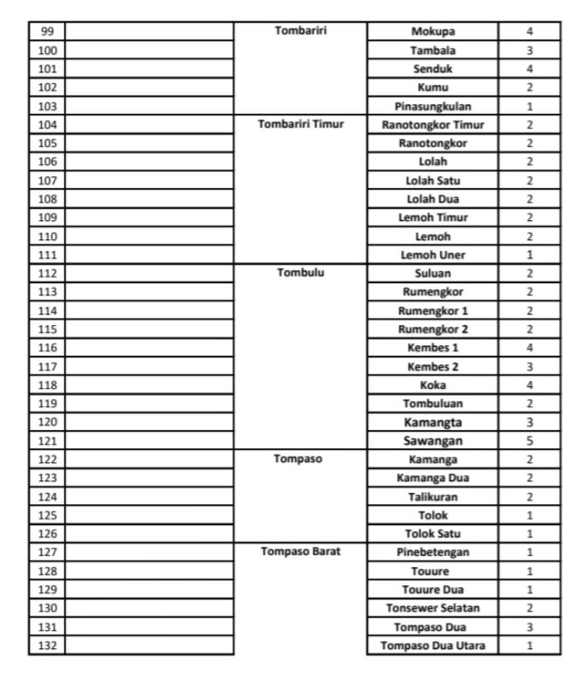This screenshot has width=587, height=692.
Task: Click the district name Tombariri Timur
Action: point(300,124)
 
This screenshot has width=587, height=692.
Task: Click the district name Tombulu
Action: point(300,273)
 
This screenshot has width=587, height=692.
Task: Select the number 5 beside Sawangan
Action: point(529,440)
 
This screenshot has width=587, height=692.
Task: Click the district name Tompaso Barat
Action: point(300,552)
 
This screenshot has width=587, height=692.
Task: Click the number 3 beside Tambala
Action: point(529,50)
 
